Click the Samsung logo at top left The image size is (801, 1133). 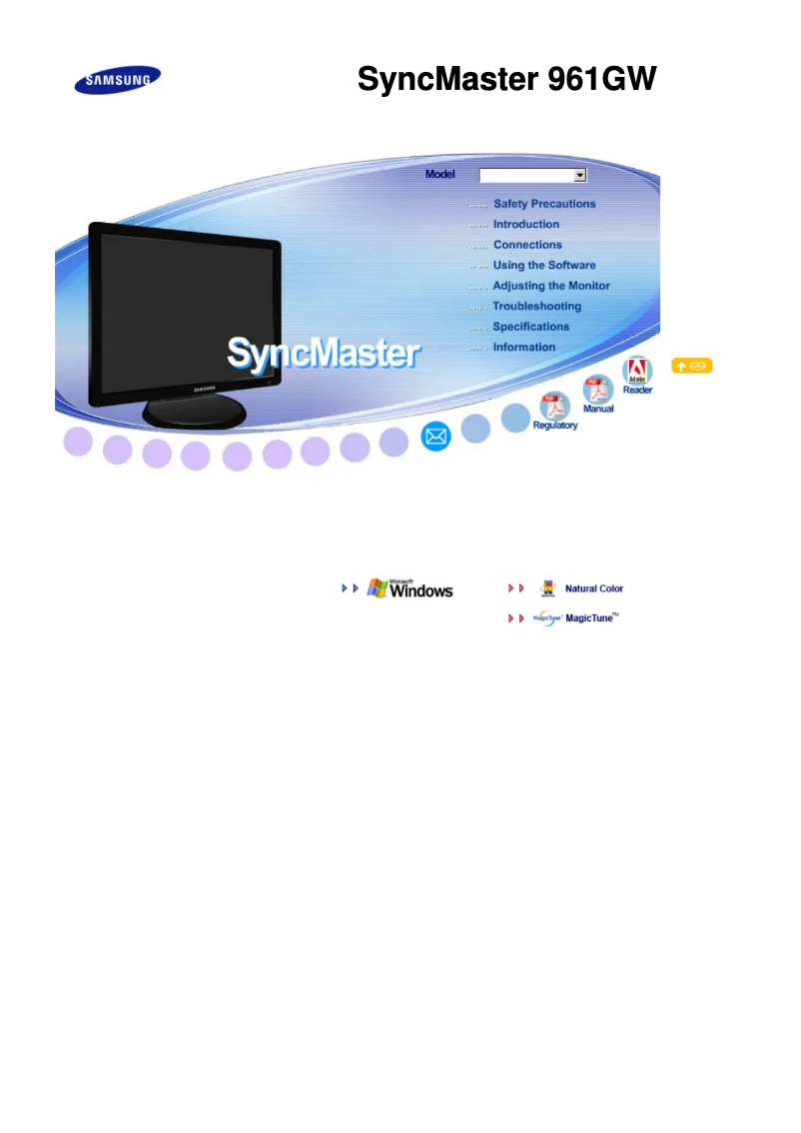point(118,80)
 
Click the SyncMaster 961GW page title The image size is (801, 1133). point(507,79)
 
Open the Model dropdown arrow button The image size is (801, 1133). point(579,175)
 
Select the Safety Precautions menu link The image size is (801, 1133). point(544,204)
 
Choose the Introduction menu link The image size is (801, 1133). point(525,224)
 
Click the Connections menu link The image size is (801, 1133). point(527,244)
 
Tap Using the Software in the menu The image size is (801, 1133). point(544,265)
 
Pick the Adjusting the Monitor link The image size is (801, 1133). point(551,286)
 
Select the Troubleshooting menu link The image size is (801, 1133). point(536,307)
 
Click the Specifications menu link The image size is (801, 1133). point(531,327)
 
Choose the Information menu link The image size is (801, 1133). point(523,347)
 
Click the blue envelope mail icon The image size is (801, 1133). point(435,437)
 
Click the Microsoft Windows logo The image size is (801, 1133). point(409,588)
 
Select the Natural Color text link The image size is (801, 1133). point(593,588)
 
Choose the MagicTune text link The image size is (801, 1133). point(591,617)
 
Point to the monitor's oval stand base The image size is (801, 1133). point(195,412)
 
